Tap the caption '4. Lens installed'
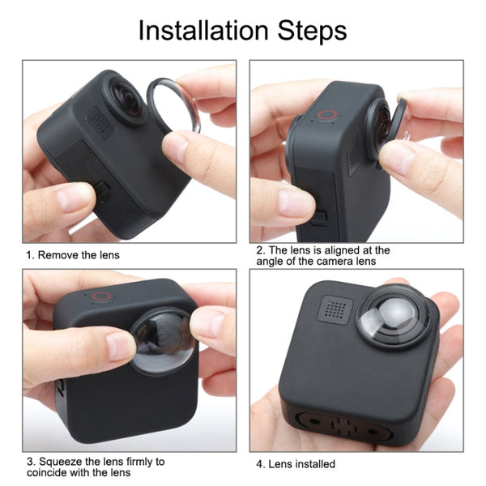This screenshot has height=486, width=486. point(296,464)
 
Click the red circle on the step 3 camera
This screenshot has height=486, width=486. point(100,296)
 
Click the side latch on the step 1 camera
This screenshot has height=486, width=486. point(104,190)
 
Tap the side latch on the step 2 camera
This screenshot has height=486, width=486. point(319,218)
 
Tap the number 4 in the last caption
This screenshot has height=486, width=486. point(260,464)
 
